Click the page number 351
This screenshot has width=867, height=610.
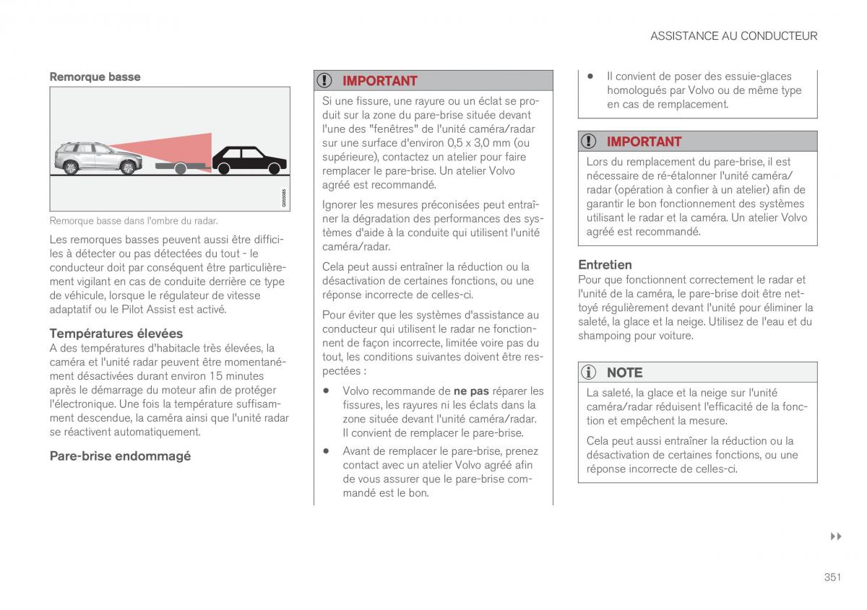click(832, 576)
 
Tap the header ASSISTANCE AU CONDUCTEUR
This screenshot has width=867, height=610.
click(733, 35)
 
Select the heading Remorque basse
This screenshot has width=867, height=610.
click(95, 77)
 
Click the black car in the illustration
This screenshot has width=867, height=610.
click(249, 161)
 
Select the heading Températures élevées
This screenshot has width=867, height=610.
click(116, 334)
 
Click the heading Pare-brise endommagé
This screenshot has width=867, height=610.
click(120, 456)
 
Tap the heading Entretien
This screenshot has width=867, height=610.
click(605, 265)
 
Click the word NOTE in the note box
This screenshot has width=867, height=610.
click(624, 372)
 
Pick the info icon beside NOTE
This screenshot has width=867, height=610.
click(590, 372)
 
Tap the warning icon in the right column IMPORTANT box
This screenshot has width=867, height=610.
click(590, 141)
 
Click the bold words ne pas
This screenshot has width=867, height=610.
click(471, 391)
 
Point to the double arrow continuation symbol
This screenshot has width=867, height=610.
click(836, 537)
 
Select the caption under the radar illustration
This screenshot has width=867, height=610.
click(134, 221)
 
